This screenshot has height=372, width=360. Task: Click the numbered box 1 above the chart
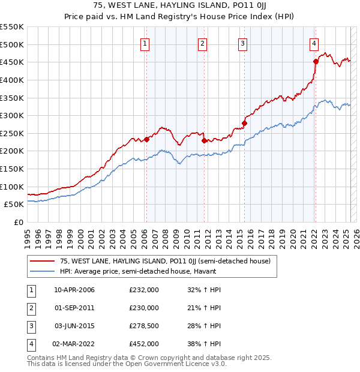(146, 43)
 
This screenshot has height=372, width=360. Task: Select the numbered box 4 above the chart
(314, 43)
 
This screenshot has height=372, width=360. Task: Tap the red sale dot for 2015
(244, 123)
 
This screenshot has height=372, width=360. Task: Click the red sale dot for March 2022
(316, 61)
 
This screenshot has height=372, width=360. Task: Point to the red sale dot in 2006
(146, 139)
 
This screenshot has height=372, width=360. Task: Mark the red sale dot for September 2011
(204, 140)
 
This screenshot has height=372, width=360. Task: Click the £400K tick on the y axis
(12, 80)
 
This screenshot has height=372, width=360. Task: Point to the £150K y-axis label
(12, 169)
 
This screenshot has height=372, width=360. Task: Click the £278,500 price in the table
(144, 326)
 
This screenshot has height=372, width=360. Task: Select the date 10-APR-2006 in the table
(74, 290)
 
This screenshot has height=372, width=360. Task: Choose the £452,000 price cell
(144, 344)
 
